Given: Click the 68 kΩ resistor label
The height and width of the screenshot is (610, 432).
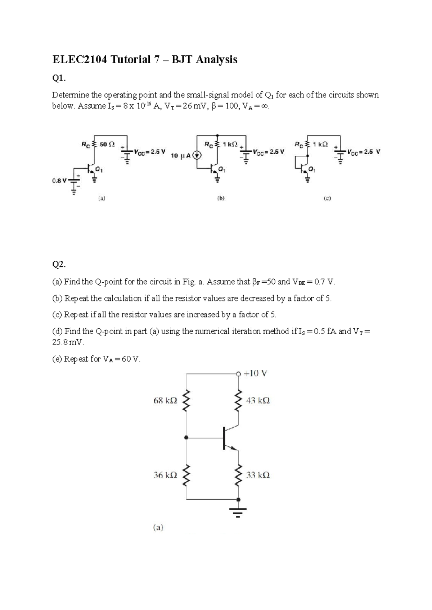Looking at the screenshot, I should [165, 400].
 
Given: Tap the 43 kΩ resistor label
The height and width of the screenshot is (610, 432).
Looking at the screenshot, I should [258, 400].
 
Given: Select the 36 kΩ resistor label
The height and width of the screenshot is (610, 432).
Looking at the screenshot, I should [165, 475].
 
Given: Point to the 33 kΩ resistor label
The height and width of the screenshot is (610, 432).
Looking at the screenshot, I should [258, 475].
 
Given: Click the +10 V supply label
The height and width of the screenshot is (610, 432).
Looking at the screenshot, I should [255, 373].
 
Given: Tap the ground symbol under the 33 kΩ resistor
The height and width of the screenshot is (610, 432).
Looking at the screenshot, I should [238, 511].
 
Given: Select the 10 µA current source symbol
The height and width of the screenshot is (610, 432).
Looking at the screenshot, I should [197, 156].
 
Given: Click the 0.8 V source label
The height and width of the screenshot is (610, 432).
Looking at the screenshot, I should [59, 181].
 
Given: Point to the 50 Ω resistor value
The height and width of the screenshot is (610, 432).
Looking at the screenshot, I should [107, 144].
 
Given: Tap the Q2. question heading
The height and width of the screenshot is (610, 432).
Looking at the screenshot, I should [59, 265].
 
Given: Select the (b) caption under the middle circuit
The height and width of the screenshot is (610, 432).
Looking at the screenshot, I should [221, 198].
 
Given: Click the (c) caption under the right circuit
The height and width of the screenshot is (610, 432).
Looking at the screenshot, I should [327, 198].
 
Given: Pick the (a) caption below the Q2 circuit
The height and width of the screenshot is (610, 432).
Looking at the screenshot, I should [158, 528].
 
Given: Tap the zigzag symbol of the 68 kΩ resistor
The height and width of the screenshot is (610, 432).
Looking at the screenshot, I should [186, 400].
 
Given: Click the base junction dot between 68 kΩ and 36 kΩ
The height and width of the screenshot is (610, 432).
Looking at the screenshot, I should [186, 438].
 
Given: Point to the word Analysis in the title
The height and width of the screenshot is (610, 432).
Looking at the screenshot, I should [217, 59].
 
